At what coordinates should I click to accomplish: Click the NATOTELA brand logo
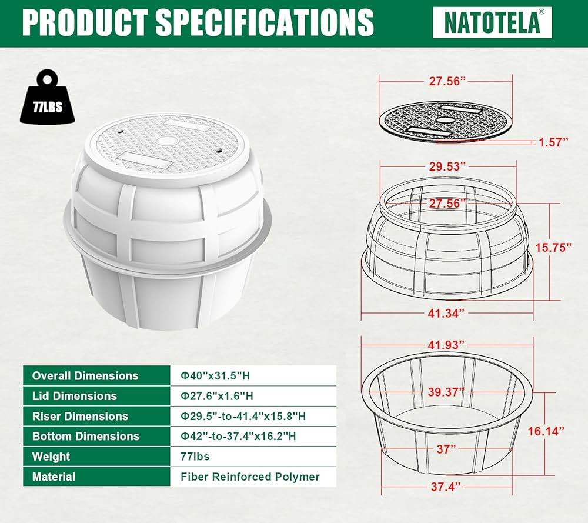(x=492, y=22)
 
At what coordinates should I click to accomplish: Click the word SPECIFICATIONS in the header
(x=265, y=22)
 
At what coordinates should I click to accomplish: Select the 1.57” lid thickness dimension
(x=553, y=142)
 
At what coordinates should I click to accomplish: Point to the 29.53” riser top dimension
(x=447, y=166)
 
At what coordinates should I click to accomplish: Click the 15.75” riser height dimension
(x=553, y=248)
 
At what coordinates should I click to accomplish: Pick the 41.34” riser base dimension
(x=446, y=313)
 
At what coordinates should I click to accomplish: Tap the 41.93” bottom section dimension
(x=446, y=344)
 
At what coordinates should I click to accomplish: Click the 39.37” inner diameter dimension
(x=446, y=392)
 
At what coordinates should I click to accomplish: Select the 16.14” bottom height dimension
(x=546, y=431)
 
